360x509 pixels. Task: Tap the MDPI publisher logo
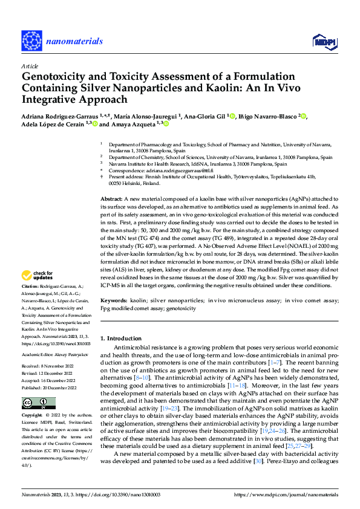pyautogui.click(x=323, y=41)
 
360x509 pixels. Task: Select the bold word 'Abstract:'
pyautogui.click(x=112, y=182)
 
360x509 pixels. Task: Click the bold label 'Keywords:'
pyautogui.click(x=114, y=300)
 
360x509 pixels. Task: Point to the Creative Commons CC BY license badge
pyautogui.click(x=39, y=403)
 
